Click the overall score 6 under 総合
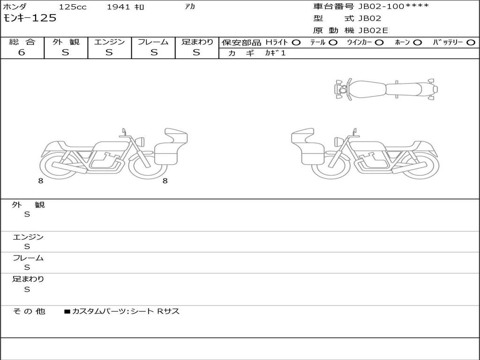pos(22,52)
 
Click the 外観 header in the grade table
pos(66,42)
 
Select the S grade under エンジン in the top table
pos(109,52)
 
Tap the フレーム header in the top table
pos(153,42)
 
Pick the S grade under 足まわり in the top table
pos(196,52)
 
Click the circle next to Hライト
pos(296,43)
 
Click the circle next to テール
pos(333,43)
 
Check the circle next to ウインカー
pos(379,43)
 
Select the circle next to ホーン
pos(418,43)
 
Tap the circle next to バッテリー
pos(471,43)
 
